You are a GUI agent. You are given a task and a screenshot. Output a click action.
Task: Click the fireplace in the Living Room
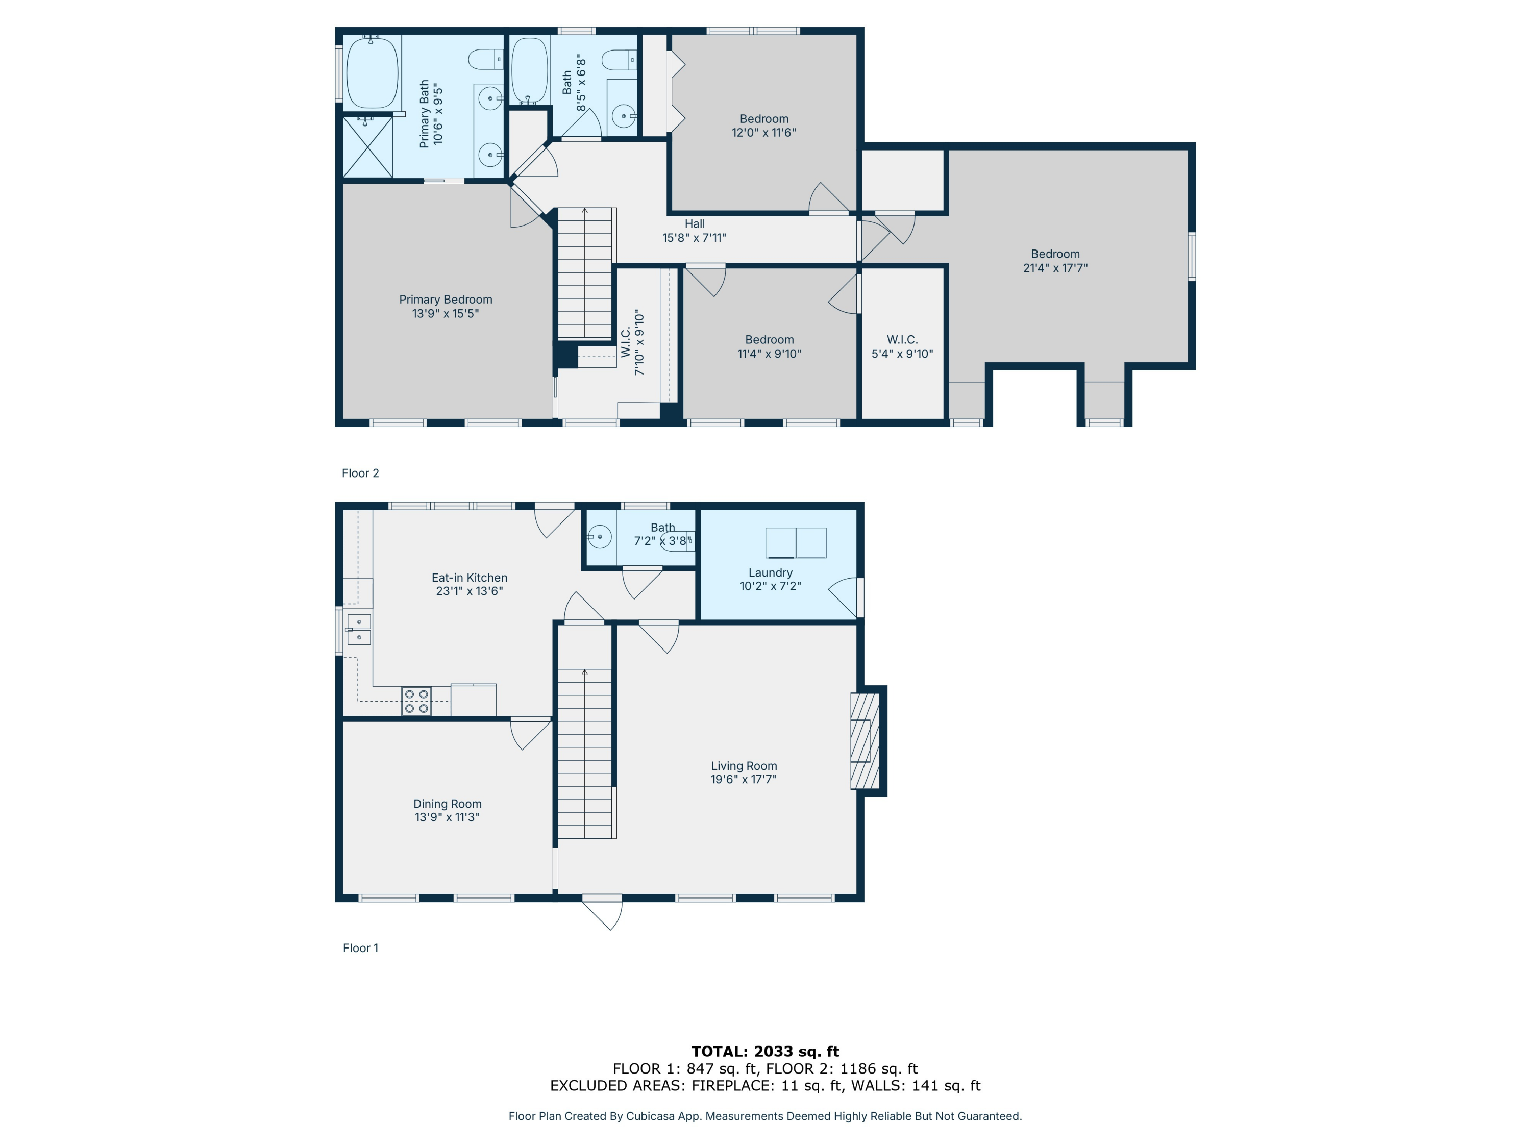pos(865,740)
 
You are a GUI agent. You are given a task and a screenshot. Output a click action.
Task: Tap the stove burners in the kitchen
pos(416,701)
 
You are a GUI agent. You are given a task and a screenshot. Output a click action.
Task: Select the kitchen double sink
pos(359,629)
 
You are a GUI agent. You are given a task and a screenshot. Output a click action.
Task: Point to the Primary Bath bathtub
pos(373,72)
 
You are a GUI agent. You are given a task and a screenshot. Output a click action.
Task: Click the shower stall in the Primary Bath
pos(367,147)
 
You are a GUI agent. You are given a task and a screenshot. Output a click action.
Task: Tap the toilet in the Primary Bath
pos(486,60)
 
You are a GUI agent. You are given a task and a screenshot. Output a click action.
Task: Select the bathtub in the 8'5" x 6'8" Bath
pos(529,70)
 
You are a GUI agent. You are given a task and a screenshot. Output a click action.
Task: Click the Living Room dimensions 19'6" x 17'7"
pos(744,779)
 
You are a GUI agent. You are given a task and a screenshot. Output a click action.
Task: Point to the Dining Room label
pos(447,804)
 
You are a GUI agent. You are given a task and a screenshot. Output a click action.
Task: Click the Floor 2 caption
pos(360,473)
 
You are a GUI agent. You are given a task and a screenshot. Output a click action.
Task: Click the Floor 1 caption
pos(360,948)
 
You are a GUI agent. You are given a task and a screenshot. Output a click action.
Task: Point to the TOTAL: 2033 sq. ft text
pos(765,1051)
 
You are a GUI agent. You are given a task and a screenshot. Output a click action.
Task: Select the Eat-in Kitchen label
pos(470,578)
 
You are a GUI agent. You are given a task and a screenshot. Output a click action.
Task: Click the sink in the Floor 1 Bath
pos(600,537)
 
